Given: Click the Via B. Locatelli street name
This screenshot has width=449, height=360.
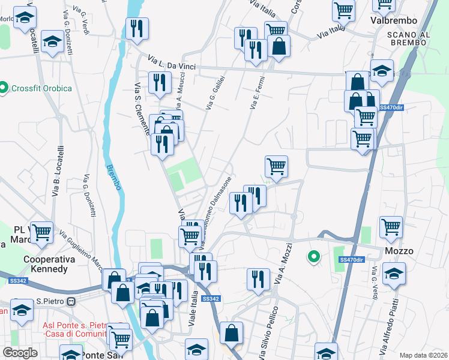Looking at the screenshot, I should [x=57, y=170].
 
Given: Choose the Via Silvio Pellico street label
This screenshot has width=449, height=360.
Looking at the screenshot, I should [x=268, y=333].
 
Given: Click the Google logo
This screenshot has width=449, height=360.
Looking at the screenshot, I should [x=20, y=352].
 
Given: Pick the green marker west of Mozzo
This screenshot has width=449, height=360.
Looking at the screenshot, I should [x=313, y=257].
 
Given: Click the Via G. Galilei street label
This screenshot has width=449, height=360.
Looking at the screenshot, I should [x=216, y=93].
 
